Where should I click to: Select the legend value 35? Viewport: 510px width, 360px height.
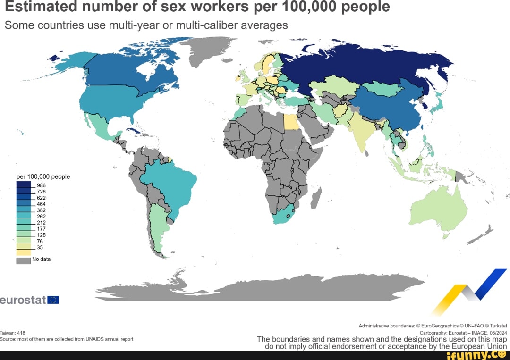click(x=40, y=247)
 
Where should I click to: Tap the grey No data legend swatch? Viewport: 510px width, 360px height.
click(x=24, y=260)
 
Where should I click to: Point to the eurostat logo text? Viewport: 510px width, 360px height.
click(x=23, y=300)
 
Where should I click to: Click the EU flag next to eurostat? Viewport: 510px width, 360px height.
click(x=53, y=300)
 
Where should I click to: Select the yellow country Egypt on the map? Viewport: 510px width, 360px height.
click(x=291, y=122)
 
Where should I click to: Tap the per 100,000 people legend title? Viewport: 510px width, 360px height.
click(x=43, y=176)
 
